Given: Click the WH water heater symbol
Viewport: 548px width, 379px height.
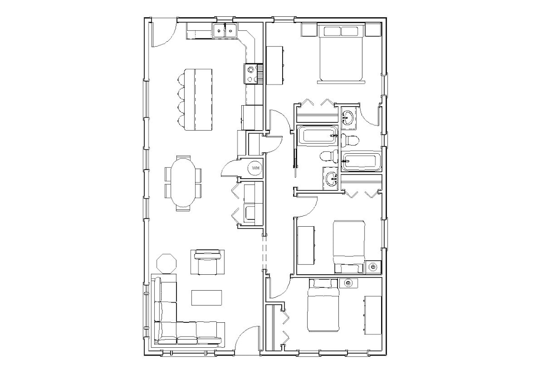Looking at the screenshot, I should pos(255,168).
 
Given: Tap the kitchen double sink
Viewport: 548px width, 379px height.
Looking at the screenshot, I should pos(225,31).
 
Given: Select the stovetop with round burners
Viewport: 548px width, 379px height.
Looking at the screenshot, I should pos(250,73).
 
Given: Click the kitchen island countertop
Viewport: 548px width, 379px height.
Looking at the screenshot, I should pos(198,99).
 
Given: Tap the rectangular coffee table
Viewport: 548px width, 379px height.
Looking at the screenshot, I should pos(207,297).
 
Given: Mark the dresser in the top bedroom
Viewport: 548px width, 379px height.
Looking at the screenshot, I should pos(276,65).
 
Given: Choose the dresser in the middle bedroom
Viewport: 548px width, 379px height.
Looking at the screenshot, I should pos(306,245).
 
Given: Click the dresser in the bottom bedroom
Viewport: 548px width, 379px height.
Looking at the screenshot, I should pos(373,315).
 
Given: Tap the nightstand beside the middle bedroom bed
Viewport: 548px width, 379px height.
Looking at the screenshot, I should pos(373,267).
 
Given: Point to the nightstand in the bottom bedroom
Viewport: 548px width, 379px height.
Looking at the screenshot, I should pos(348,283).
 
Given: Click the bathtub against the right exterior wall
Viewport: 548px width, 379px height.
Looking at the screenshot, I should pos(361,162).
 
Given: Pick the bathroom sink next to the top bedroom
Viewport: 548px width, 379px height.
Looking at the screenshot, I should pos(349,117).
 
